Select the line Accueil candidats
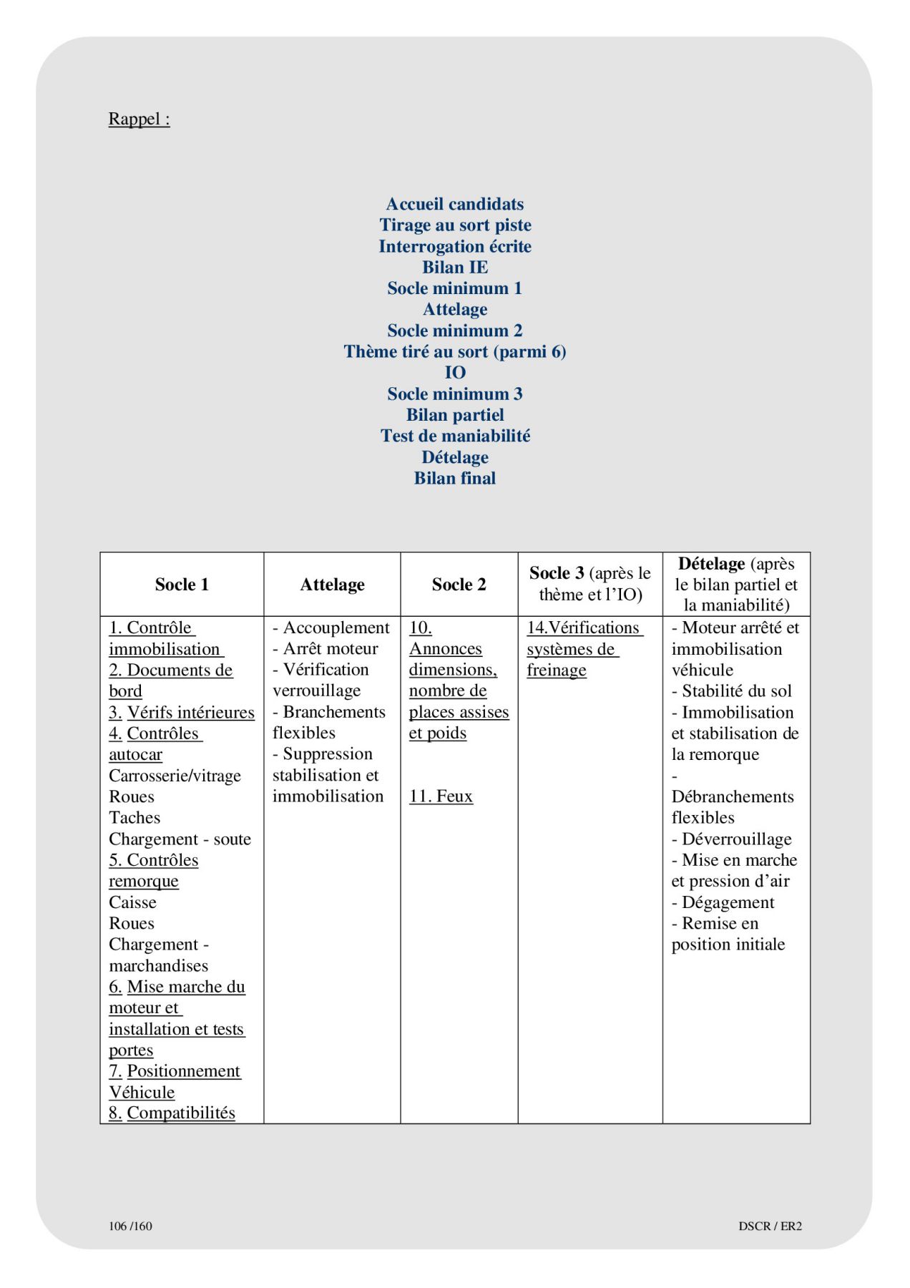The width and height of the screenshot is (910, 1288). [455, 204]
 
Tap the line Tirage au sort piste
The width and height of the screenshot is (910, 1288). [455, 225]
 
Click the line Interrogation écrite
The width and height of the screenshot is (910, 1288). [455, 246]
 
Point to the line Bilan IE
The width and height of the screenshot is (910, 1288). [455, 267]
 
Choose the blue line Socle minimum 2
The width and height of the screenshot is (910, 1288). [455, 331]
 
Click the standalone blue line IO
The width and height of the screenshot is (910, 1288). [455, 373]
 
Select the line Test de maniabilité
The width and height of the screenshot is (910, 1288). [455, 436]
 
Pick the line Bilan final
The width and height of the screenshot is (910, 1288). [455, 478]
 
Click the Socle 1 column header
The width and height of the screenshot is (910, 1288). [182, 585]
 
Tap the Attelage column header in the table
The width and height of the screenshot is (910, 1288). [332, 585]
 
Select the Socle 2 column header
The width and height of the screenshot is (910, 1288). [459, 585]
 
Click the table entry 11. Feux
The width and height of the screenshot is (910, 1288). [441, 796]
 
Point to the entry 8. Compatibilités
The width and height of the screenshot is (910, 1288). [172, 1113]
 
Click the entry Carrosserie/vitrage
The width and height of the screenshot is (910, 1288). [175, 776]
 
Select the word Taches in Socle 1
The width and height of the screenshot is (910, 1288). [134, 818]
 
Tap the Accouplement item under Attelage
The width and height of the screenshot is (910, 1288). [336, 628]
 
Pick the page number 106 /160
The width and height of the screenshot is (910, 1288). [130, 1226]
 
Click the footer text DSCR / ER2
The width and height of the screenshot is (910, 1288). [770, 1226]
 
